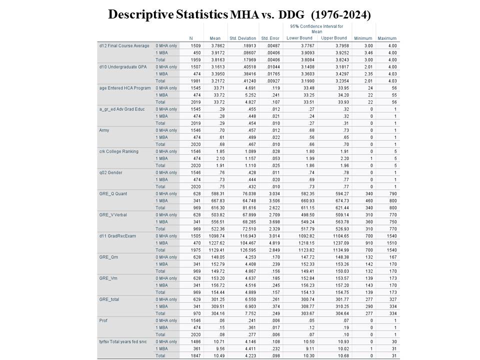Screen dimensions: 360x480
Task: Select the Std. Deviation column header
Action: (x=242, y=38)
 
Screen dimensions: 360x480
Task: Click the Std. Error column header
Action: (x=270, y=38)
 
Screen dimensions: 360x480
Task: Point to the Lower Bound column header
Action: (x=299, y=38)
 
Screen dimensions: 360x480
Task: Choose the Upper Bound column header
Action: (x=333, y=38)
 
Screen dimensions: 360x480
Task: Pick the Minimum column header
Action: (x=362, y=38)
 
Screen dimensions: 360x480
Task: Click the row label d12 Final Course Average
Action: (x=124, y=46)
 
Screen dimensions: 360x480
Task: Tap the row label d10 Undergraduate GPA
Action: (x=123, y=67)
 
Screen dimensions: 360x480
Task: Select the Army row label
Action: (x=105, y=130)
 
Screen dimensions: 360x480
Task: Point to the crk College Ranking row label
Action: (x=119, y=151)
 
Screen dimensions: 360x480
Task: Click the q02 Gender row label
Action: (x=111, y=172)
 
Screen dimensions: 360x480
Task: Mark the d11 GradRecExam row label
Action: (x=117, y=236)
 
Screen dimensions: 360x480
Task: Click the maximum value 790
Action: (x=392, y=193)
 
